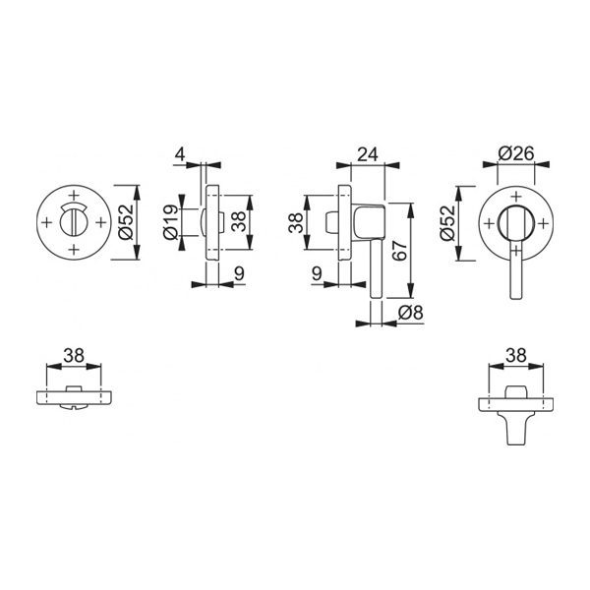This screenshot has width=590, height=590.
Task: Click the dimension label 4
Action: pyautogui.click(x=181, y=154)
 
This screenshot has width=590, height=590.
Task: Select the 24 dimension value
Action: pyautogui.click(x=367, y=154)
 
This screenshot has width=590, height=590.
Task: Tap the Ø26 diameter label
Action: pyautogui.click(x=516, y=153)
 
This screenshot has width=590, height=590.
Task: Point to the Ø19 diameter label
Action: pyautogui.click(x=170, y=222)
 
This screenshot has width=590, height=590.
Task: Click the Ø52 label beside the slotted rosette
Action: pyautogui.click(x=126, y=222)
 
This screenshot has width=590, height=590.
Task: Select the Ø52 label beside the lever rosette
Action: pyautogui.click(x=447, y=223)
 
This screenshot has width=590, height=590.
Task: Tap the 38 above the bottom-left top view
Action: pyautogui.click(x=74, y=355)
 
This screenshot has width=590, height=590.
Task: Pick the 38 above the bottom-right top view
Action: pyautogui.click(x=516, y=355)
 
